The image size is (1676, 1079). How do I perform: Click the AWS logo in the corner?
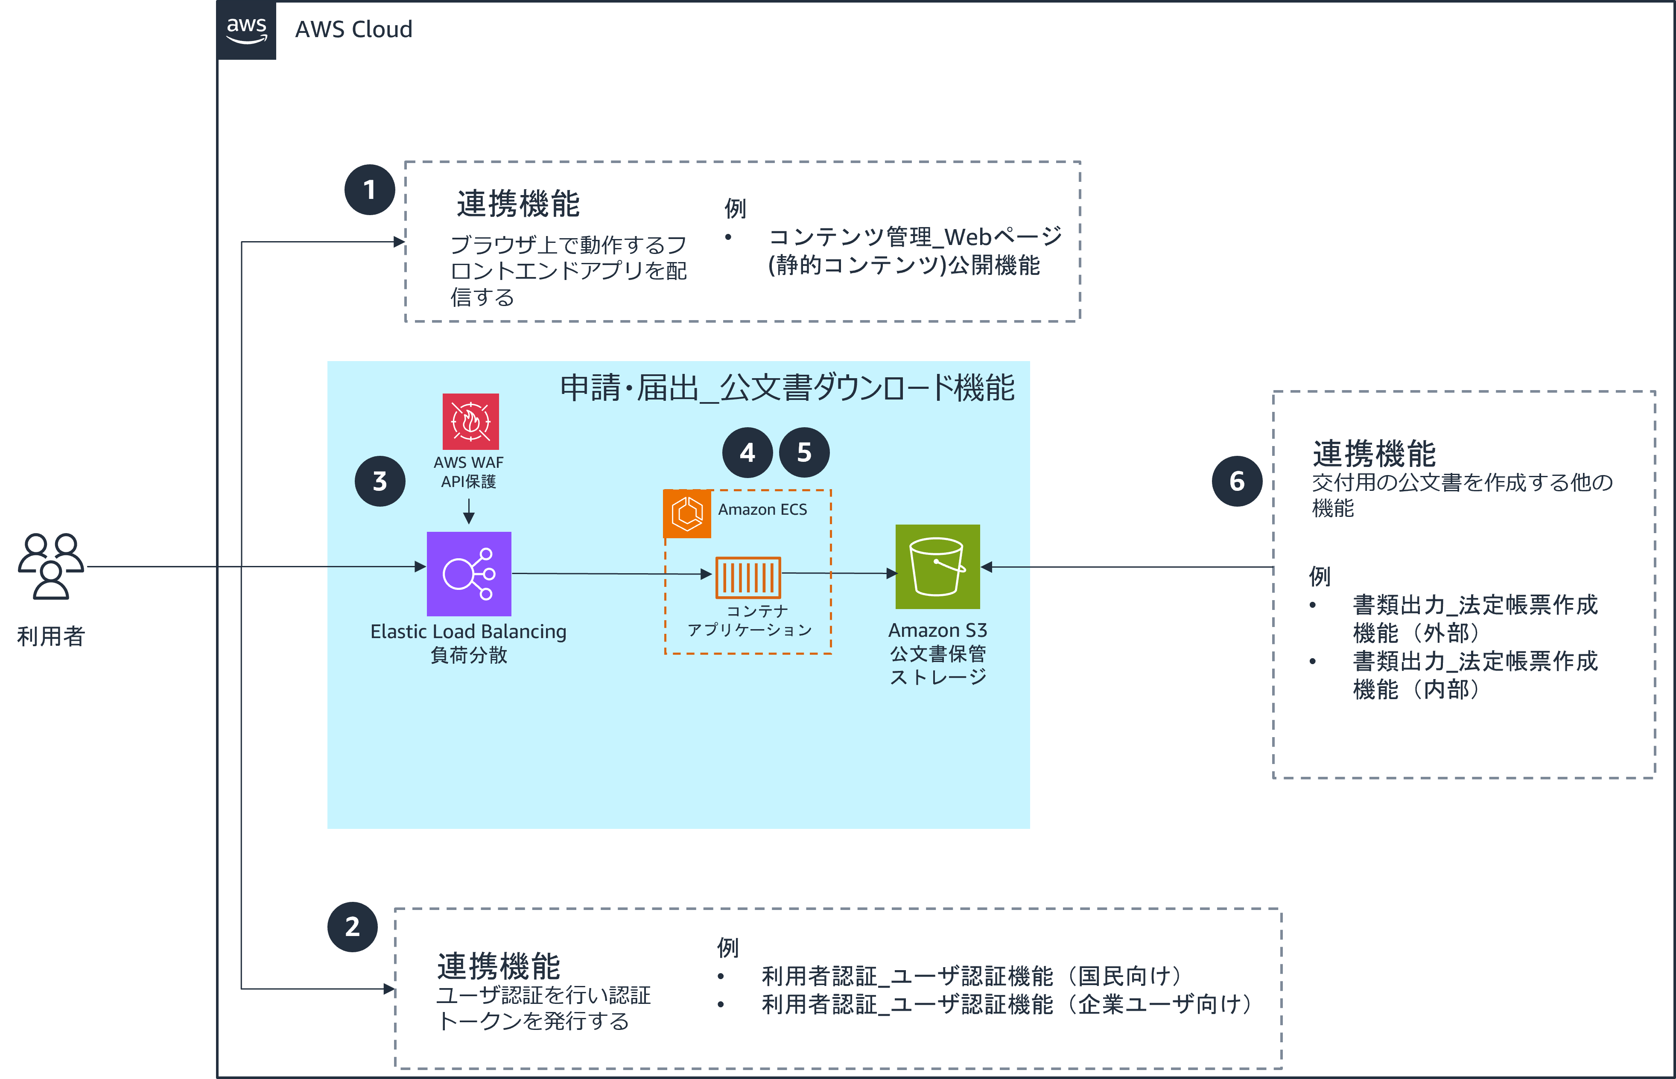click(247, 30)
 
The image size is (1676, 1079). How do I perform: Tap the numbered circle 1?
click(370, 190)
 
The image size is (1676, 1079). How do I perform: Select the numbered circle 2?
click(353, 927)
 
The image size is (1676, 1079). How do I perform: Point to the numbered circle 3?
click(380, 481)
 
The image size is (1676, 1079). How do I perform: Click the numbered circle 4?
click(747, 452)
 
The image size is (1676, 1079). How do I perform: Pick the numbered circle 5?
click(804, 452)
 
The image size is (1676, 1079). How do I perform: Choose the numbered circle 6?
click(1238, 481)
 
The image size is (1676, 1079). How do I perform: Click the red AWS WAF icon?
click(471, 421)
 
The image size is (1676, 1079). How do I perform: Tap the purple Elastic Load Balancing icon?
click(469, 574)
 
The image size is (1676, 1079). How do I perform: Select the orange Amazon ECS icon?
click(687, 513)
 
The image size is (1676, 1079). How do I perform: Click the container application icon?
click(748, 577)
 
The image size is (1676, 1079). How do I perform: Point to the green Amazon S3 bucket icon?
click(937, 567)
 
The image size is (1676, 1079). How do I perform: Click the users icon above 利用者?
click(51, 567)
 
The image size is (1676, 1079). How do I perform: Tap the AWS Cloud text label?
click(354, 29)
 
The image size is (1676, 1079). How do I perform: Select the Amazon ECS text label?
click(762, 509)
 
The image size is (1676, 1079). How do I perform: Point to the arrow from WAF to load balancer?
click(469, 511)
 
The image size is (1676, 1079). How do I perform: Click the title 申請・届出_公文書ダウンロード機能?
click(788, 388)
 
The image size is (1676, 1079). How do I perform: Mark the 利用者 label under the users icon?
click(51, 636)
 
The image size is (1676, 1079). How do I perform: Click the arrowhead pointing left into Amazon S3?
click(987, 567)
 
